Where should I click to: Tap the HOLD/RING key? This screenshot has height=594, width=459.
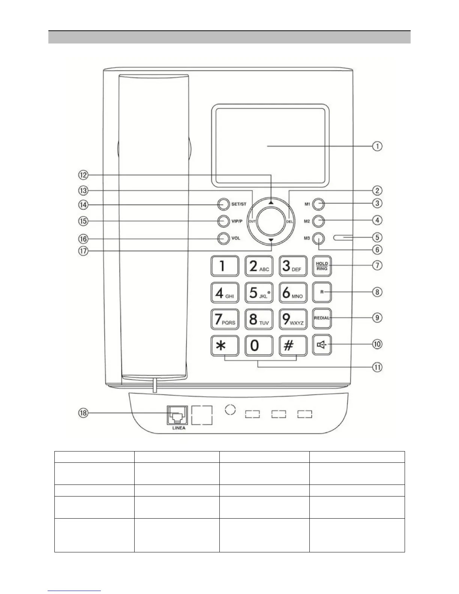tap(322, 266)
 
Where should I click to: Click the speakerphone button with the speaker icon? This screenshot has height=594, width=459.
tap(322, 345)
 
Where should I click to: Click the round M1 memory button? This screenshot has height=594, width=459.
tap(318, 204)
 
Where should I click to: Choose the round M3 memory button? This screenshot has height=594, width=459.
tap(318, 238)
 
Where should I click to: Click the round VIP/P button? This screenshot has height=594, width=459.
tap(223, 221)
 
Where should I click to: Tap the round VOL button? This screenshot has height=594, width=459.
tap(223, 238)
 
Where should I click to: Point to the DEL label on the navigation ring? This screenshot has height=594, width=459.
tap(289, 221)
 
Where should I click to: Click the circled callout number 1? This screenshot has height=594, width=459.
tap(377, 146)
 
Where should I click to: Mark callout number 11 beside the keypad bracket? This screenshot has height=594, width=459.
tap(377, 367)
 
